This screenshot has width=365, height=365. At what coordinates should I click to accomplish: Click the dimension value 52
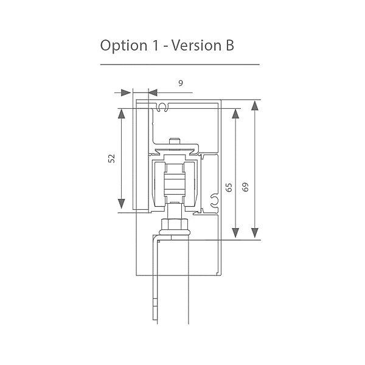[111, 158]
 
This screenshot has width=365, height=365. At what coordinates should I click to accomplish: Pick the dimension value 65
[228, 188]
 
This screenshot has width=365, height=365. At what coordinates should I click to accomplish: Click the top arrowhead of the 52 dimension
[122, 114]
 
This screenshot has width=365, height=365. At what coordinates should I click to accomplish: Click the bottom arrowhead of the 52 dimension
[122, 203]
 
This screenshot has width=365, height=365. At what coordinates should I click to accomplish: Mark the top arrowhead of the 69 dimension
[254, 105]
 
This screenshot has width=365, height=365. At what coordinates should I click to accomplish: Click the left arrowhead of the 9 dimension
[127, 93]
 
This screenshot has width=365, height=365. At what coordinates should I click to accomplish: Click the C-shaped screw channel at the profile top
[162, 108]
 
